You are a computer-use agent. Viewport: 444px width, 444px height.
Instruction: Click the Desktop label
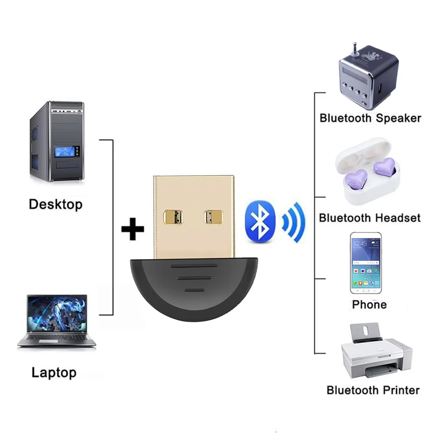point(55,204)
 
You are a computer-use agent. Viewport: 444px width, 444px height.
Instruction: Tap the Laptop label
point(54,373)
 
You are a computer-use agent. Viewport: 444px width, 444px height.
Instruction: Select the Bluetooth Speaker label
point(370,118)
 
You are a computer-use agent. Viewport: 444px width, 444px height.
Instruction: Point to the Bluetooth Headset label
point(370,217)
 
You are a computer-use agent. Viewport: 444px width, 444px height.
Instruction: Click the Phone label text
point(369,305)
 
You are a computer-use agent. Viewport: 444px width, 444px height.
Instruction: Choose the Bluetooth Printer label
point(373,390)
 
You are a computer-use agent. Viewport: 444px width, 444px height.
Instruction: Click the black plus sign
point(133,229)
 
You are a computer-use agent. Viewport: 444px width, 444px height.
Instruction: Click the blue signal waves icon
point(294,222)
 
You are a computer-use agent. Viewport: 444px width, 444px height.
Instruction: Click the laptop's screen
point(57,312)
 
